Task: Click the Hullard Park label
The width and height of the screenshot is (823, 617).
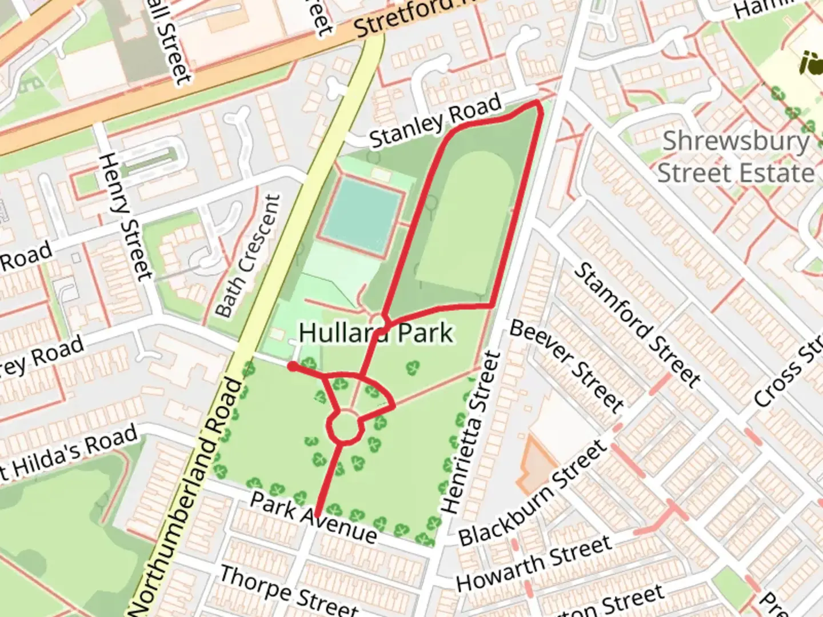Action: click(x=376, y=332)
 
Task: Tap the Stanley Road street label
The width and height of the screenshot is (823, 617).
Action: click(x=436, y=121)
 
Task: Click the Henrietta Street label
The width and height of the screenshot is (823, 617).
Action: click(x=470, y=432)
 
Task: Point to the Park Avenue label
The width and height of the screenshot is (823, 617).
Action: click(x=314, y=517)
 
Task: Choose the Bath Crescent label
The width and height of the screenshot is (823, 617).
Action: click(x=249, y=256)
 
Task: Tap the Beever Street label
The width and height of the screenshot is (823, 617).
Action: click(x=566, y=366)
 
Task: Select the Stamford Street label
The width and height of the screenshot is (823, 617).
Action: click(x=637, y=324)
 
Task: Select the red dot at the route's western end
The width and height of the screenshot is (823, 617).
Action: click(x=292, y=366)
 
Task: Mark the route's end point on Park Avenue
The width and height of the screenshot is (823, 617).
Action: click(x=316, y=514)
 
